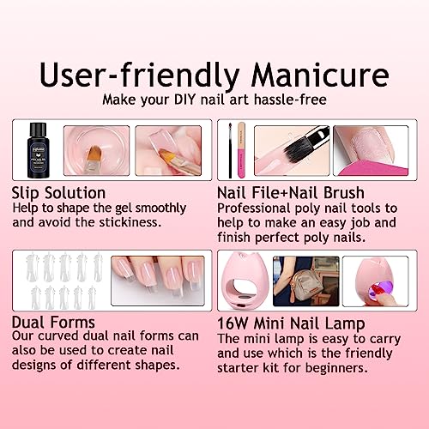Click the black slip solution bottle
click(39, 150)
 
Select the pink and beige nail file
click(242, 150)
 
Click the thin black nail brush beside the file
click(230, 150)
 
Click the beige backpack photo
click(306, 281)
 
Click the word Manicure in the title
click(320, 75)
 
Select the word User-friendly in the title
click(139, 76)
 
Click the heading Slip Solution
click(58, 193)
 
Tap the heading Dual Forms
click(53, 323)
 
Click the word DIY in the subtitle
click(184, 100)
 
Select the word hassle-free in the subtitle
click(290, 100)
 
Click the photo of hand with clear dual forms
click(158, 281)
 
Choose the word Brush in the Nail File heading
click(344, 193)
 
